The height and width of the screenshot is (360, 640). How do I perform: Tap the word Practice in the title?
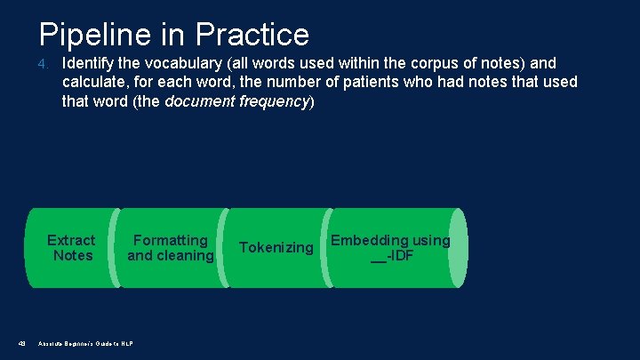point(253,34)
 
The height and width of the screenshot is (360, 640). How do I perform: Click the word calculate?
point(94,82)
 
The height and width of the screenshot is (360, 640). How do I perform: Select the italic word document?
point(199,100)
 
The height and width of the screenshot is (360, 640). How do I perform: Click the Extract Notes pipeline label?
point(71,248)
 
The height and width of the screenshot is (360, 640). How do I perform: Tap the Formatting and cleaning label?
point(171,248)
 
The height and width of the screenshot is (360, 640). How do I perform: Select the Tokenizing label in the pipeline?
point(276,247)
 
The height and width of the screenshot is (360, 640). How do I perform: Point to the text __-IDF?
point(391,257)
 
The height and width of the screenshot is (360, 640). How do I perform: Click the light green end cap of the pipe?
point(457,248)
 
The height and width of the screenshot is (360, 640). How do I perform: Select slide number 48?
point(20,343)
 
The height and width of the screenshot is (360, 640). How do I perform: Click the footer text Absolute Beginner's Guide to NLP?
point(86,343)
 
